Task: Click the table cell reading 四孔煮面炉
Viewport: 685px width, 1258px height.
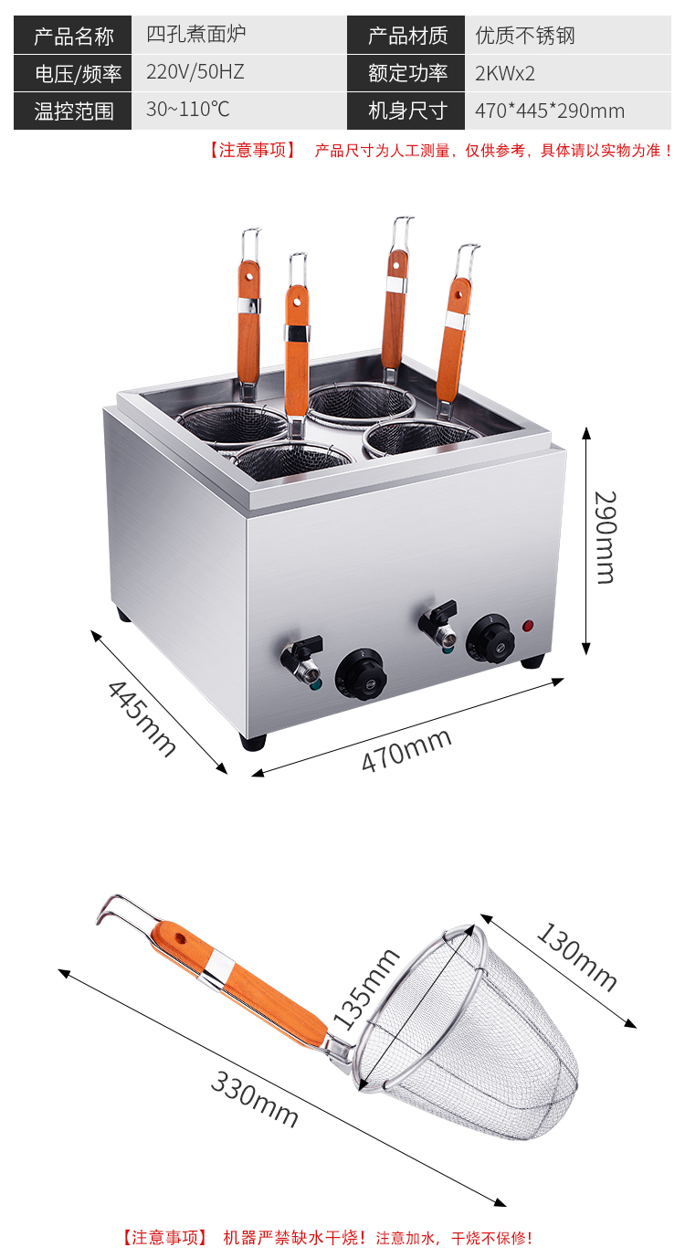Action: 196,34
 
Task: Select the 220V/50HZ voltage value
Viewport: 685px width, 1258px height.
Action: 195,72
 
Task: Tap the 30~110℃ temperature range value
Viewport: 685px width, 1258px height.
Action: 187,109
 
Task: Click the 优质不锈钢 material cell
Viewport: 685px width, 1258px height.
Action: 525,36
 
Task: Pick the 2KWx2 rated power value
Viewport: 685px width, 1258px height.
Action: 505,74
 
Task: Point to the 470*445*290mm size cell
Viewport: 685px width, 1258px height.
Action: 550,111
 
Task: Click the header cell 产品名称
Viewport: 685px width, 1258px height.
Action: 73,36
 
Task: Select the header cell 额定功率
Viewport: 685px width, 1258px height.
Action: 406,73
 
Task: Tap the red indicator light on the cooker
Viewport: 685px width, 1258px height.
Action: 528,625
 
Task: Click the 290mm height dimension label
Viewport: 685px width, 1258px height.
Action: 606,537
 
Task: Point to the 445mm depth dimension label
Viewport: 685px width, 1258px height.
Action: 142,718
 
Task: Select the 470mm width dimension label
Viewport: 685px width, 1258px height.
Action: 406,750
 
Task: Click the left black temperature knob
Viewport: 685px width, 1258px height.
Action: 361,675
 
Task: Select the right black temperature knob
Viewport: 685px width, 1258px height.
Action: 490,640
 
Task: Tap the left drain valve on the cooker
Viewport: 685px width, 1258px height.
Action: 302,659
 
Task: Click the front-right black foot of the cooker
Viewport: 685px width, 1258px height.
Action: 532,661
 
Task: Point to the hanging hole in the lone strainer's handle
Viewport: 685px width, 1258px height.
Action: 180,937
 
